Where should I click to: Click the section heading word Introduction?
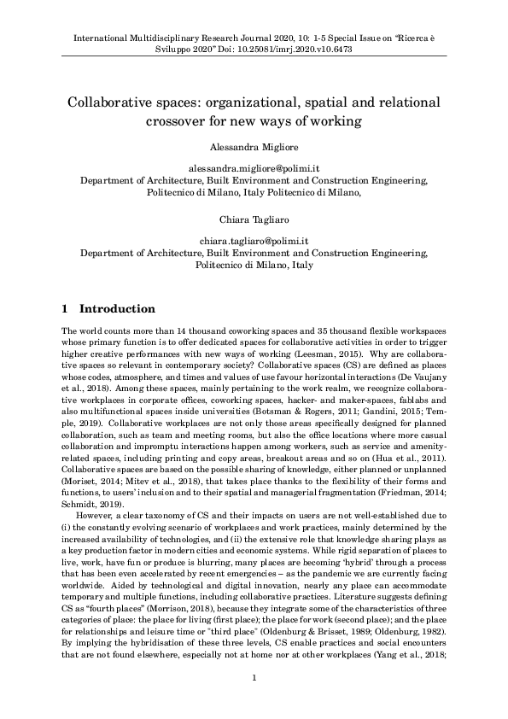point(117,308)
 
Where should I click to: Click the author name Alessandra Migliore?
point(254,147)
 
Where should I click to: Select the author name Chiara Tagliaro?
point(254,222)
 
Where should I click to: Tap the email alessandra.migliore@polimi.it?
point(254,170)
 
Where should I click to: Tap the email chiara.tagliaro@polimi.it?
point(254,243)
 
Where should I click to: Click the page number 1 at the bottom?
point(254,702)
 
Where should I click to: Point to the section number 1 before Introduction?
point(67,308)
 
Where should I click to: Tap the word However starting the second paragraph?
point(96,516)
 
